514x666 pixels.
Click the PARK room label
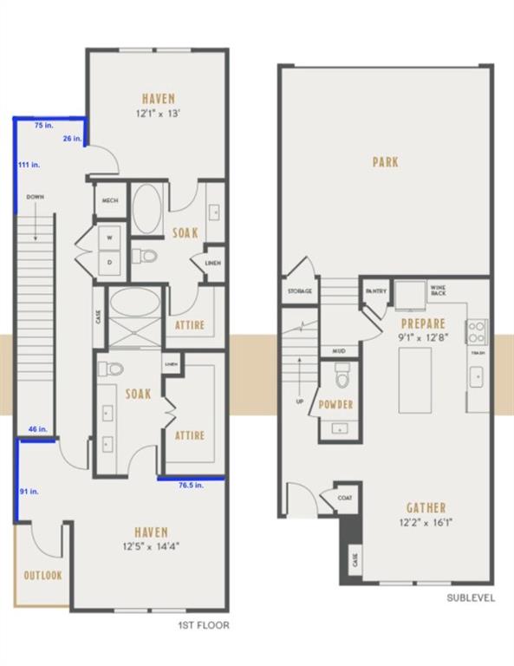point(385,162)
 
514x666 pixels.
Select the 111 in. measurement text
point(29,164)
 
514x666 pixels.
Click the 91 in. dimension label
point(29,492)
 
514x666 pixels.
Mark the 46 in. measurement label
point(37,429)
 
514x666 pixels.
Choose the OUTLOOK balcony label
point(42,575)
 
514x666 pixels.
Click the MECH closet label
point(110,200)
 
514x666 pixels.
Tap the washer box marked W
point(110,237)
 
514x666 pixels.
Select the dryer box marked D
point(110,260)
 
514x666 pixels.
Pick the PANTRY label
point(375,291)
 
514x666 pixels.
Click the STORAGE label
point(300,291)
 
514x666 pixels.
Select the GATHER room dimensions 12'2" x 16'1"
point(426,523)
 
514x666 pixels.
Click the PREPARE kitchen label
point(423,323)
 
